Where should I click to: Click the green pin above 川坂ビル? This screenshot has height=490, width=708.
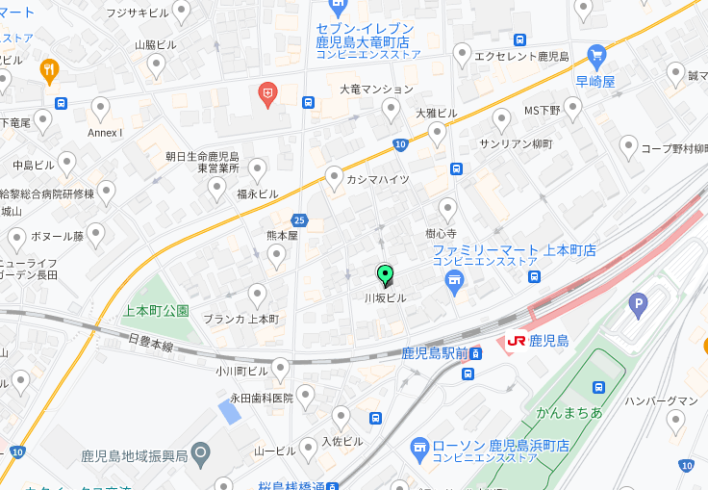[x=385, y=276]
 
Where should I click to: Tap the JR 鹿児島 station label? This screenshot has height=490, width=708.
[x=538, y=341]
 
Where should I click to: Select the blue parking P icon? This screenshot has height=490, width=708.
[x=637, y=306]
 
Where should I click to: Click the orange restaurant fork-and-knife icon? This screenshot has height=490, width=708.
[x=48, y=69]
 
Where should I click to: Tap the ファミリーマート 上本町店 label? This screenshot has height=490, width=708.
[x=514, y=250]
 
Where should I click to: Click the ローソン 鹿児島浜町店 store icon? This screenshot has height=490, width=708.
[x=418, y=447]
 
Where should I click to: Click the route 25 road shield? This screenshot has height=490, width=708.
[x=299, y=220]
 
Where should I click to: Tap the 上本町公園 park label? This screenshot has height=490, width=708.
[x=157, y=311]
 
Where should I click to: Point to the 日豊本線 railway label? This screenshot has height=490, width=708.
[x=150, y=344]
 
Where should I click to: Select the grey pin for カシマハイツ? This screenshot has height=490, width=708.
[x=334, y=178]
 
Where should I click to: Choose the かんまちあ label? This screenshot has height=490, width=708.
[x=569, y=412]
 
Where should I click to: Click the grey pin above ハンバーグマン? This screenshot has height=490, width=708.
[x=676, y=421]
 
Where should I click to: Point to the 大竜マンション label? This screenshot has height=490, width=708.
[x=376, y=89]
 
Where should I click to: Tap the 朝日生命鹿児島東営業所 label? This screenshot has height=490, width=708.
[x=202, y=161]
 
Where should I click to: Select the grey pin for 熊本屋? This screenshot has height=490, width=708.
[x=276, y=256]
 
